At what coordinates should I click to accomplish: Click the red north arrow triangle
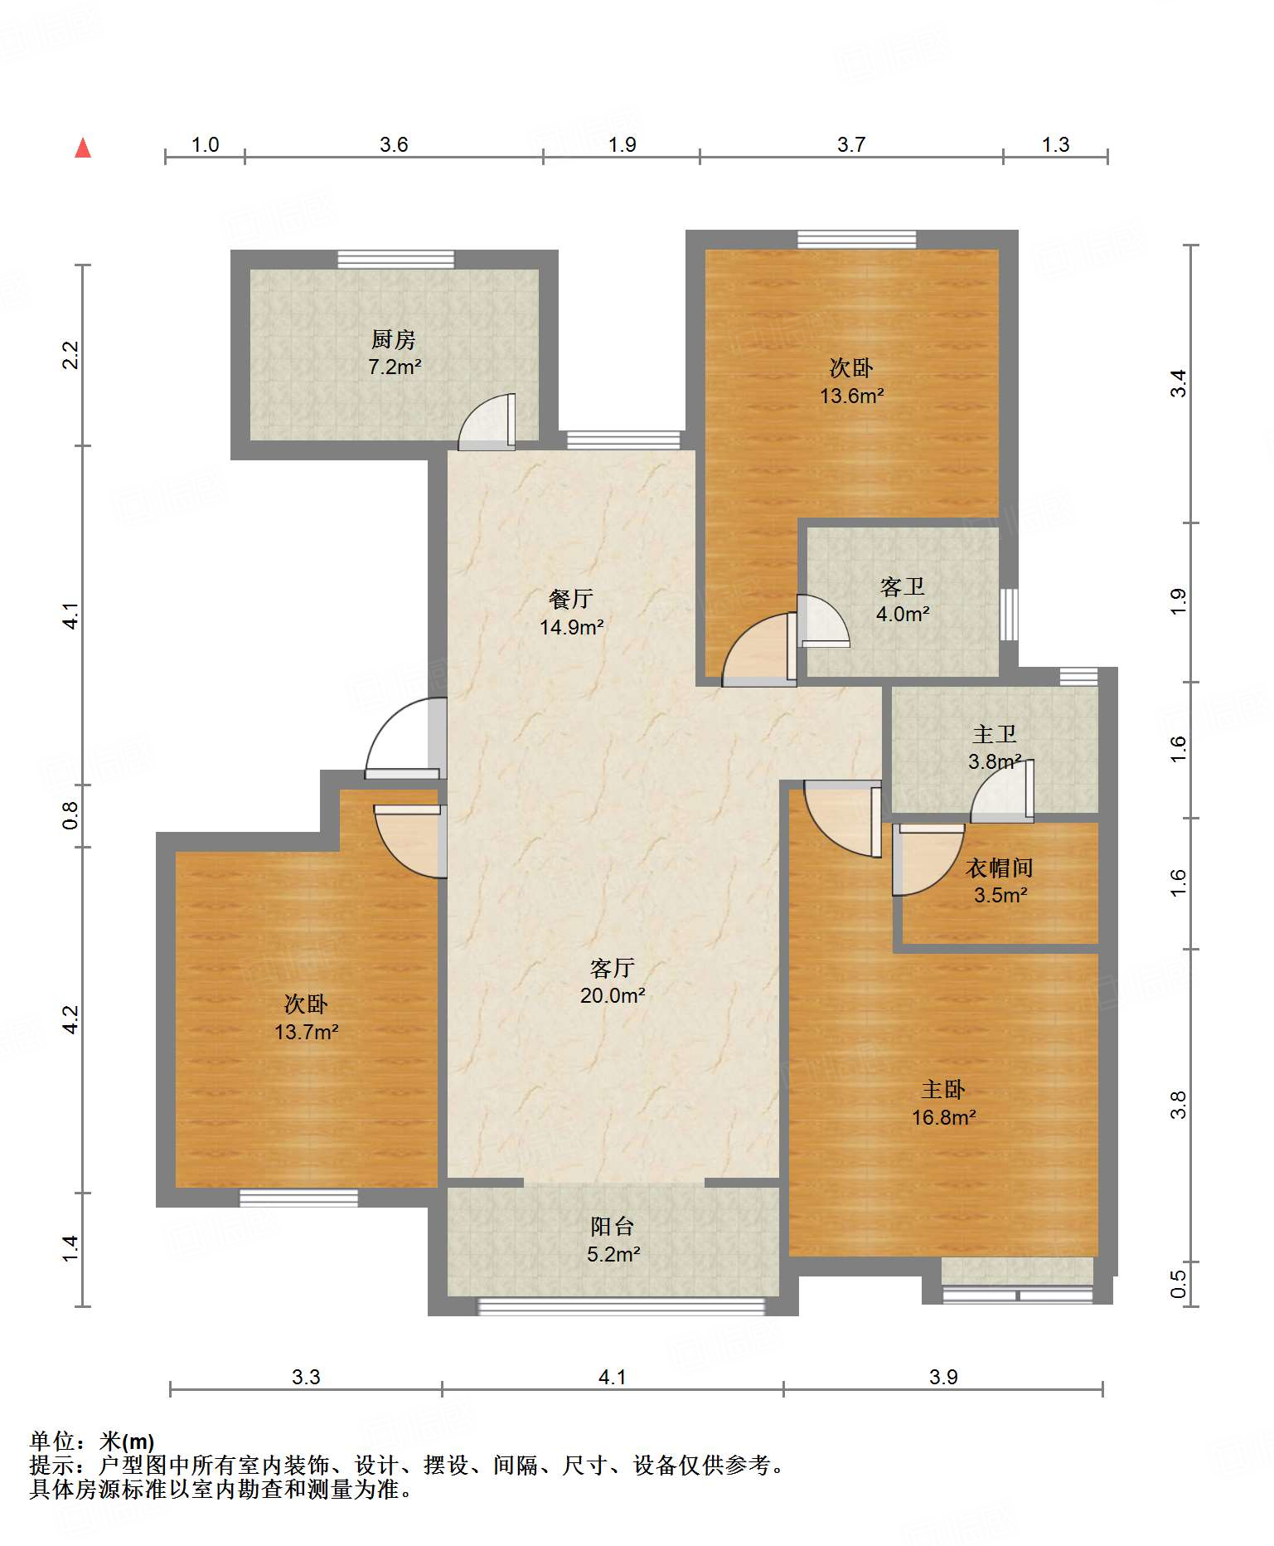(x=83, y=148)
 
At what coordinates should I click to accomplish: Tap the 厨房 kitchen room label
(x=393, y=339)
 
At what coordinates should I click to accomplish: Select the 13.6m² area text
(x=851, y=396)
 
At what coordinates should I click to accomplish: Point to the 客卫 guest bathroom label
(x=902, y=587)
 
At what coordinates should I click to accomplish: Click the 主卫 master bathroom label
(x=994, y=734)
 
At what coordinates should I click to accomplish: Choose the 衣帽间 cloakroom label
(x=1000, y=868)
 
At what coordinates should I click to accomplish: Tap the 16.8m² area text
(x=943, y=1117)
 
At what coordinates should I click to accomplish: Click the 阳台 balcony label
(x=613, y=1227)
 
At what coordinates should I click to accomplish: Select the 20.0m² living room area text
(x=613, y=995)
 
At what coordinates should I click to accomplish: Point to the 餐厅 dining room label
(x=571, y=599)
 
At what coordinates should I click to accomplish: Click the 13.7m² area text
(x=307, y=1032)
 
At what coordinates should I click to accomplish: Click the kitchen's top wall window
(x=396, y=259)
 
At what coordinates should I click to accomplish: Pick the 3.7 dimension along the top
(x=851, y=144)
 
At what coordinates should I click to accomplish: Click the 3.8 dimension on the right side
(x=1179, y=1106)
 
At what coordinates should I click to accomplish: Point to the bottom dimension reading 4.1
(x=612, y=1377)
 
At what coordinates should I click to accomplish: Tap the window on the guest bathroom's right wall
(x=1009, y=614)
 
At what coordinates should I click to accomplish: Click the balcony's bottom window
(x=621, y=1306)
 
